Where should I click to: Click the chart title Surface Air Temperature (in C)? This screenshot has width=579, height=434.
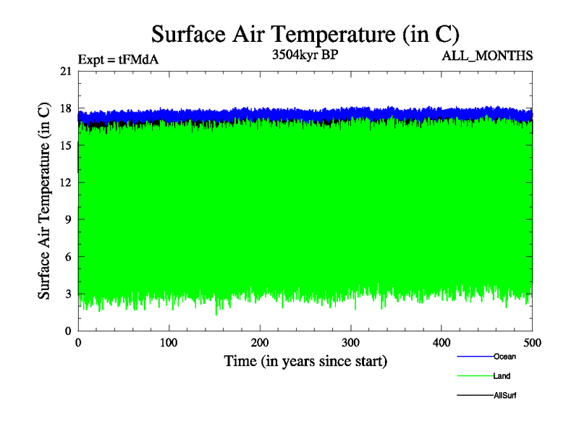pyautogui.click(x=305, y=34)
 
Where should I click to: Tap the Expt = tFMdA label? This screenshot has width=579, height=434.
pyautogui.click(x=118, y=60)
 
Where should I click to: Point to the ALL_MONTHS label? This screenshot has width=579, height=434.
pyautogui.click(x=487, y=56)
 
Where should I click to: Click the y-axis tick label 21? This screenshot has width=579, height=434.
pyautogui.click(x=65, y=71)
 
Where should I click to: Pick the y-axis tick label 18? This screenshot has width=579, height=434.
pyautogui.click(x=65, y=109)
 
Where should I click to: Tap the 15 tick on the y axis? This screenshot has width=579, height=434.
pyautogui.click(x=65, y=145)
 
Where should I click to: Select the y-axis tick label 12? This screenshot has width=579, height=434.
pyautogui.click(x=65, y=182)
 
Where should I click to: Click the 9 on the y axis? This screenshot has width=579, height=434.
pyautogui.click(x=68, y=219)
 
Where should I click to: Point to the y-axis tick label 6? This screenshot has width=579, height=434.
pyautogui.click(x=68, y=257)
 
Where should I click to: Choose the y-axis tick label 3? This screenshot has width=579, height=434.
pyautogui.click(x=68, y=294)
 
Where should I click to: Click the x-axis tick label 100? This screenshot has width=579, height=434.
pyautogui.click(x=169, y=342)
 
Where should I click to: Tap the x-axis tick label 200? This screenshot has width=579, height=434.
pyautogui.click(x=260, y=342)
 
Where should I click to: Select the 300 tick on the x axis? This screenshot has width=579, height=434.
pyautogui.click(x=350, y=342)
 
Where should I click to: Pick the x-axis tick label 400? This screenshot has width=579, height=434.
pyautogui.click(x=441, y=342)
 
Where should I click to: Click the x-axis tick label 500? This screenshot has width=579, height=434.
pyautogui.click(x=532, y=342)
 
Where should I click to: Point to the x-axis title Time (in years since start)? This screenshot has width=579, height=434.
pyautogui.click(x=305, y=360)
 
